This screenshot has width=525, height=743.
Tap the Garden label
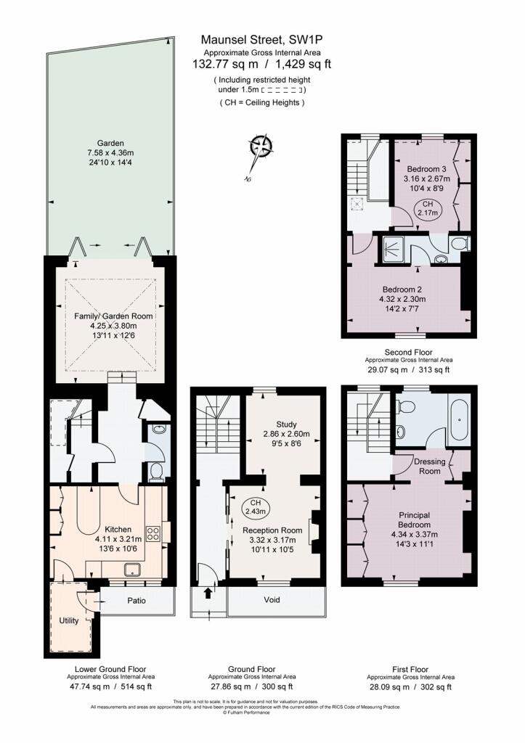[x=112, y=143]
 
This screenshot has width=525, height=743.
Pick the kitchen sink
[x=135, y=569]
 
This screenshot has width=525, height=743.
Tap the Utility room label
[x=70, y=621]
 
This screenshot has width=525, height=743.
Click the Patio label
[x=137, y=601]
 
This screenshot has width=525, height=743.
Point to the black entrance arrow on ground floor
[x=210, y=593]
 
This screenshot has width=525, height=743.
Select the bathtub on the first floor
[x=460, y=420]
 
